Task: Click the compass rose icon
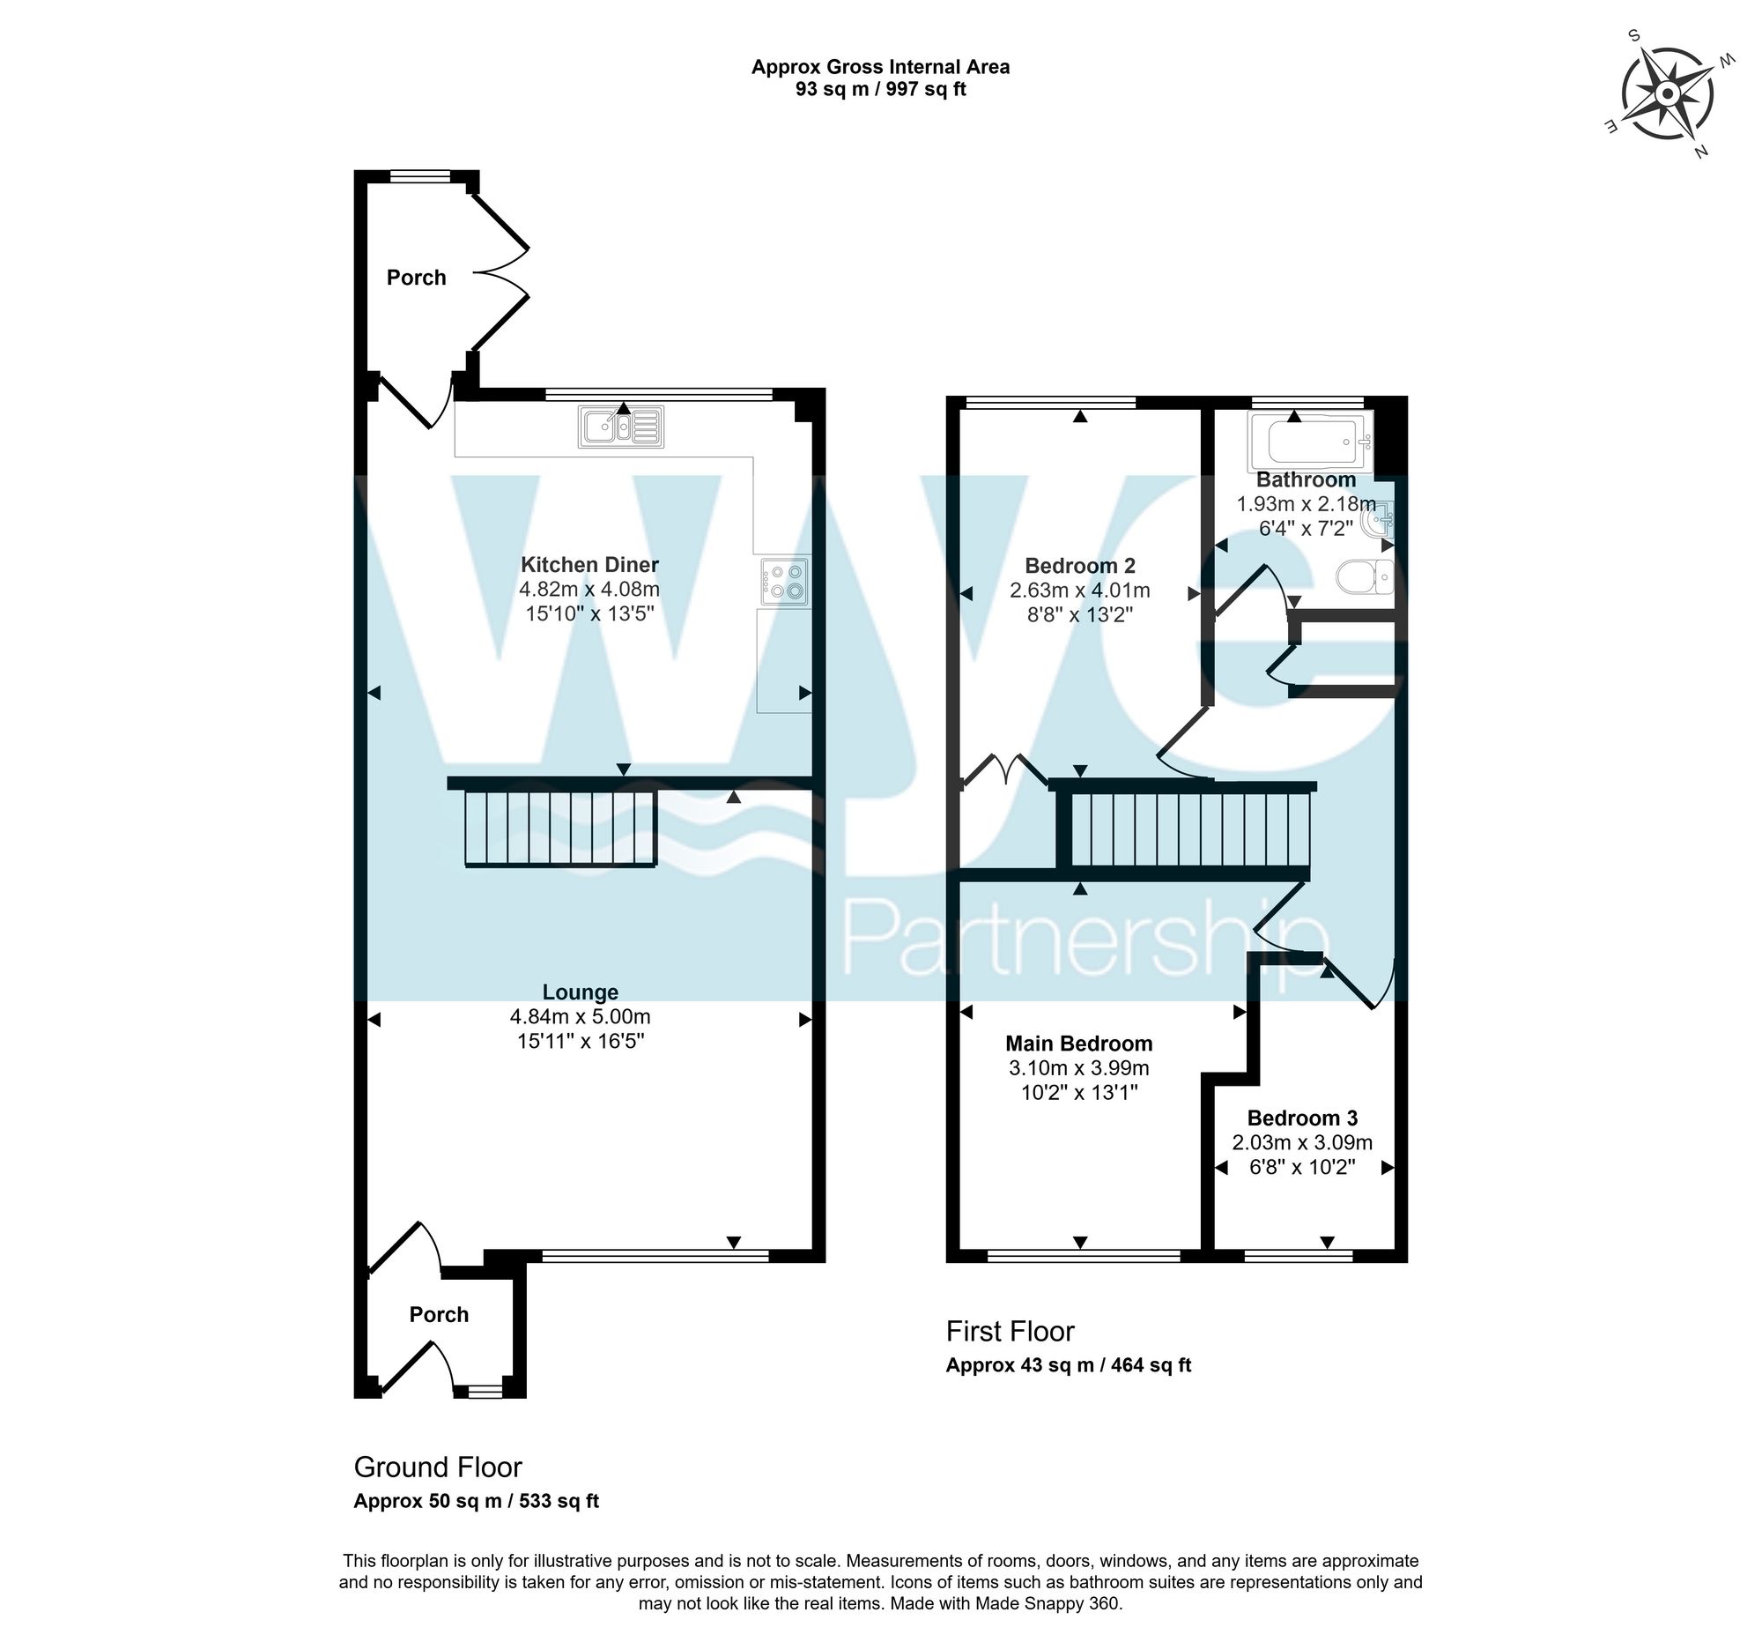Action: [x=1666, y=94]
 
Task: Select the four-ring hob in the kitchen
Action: [x=784, y=582]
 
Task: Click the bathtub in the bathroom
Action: [x=1310, y=441]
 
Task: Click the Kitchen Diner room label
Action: [x=589, y=565]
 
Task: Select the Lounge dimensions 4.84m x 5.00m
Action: [x=580, y=1017]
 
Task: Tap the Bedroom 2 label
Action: [x=1079, y=566]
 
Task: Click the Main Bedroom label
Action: [x=1078, y=1044]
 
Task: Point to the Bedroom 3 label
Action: [x=1302, y=1118]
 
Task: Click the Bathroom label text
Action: [x=1306, y=479]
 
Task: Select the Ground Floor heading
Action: [x=438, y=1467]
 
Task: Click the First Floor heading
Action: [x=1010, y=1332]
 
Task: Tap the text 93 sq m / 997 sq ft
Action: [x=880, y=90]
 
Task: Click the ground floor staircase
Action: [x=559, y=828]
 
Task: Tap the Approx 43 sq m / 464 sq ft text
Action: [x=1068, y=1365]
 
